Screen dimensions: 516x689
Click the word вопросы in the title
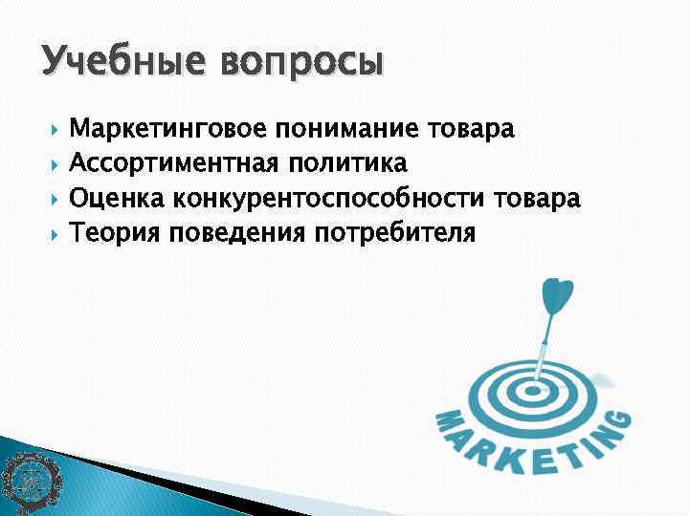(x=301, y=64)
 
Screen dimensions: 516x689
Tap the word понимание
(x=347, y=129)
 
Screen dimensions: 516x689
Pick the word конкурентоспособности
(x=330, y=198)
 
